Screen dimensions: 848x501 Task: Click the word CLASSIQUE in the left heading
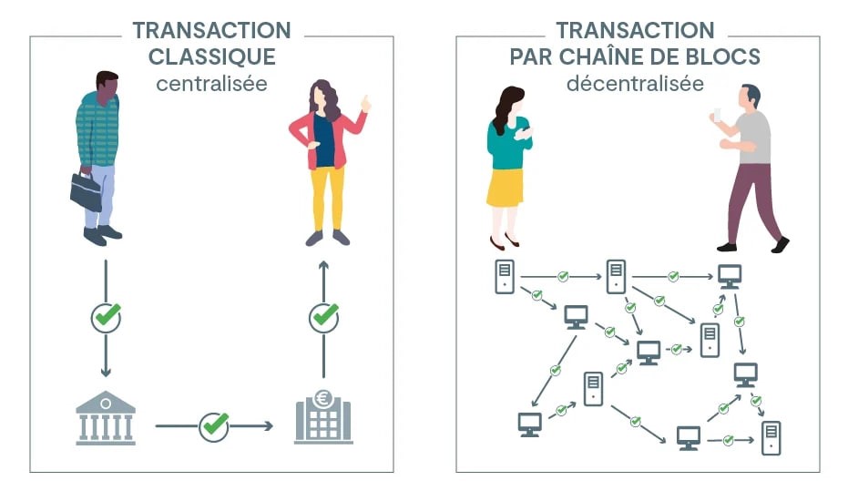[212, 56]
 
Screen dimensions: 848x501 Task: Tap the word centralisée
[212, 84]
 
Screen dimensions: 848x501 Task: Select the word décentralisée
[635, 84]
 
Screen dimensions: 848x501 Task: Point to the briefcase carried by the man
[86, 191]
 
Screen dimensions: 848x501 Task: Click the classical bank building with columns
[106, 418]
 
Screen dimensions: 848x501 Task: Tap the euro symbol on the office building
[324, 400]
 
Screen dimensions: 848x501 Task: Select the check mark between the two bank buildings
[214, 425]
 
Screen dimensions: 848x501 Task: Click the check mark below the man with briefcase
[106, 317]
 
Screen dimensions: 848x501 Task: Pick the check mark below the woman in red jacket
[324, 317]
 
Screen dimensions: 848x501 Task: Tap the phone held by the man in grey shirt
[717, 115]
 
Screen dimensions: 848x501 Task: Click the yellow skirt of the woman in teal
[506, 188]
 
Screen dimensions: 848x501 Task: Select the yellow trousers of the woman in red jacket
[328, 198]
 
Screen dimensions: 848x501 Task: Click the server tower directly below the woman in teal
[505, 277]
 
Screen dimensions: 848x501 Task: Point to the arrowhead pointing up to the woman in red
[323, 266]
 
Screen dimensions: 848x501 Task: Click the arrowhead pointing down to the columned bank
[106, 372]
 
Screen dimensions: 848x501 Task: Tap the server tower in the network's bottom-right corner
[771, 438]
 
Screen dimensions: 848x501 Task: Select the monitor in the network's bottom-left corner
[529, 424]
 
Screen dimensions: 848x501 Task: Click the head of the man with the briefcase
[107, 87]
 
